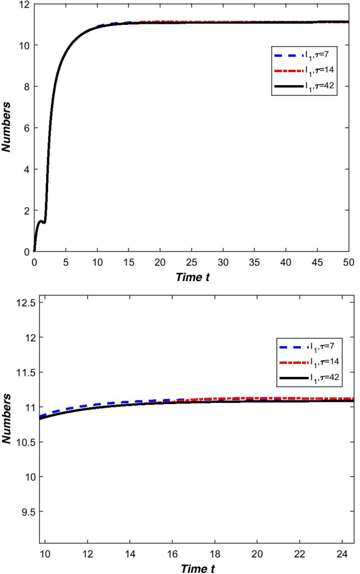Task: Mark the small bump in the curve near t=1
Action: (41, 222)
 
